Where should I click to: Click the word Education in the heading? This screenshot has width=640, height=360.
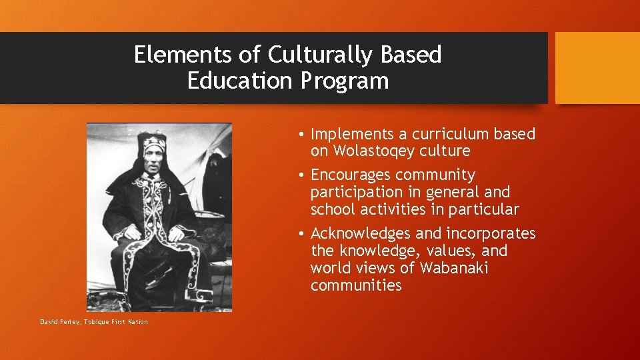(x=240, y=81)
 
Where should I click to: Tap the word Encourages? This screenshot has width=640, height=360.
(x=351, y=175)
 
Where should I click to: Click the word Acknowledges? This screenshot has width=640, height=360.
(x=361, y=233)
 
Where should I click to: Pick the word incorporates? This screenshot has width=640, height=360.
(x=491, y=233)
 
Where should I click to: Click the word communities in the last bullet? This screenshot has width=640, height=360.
(x=356, y=285)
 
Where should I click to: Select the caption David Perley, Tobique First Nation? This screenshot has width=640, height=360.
(x=94, y=322)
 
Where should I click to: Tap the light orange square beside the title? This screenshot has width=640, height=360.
(x=597, y=68)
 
